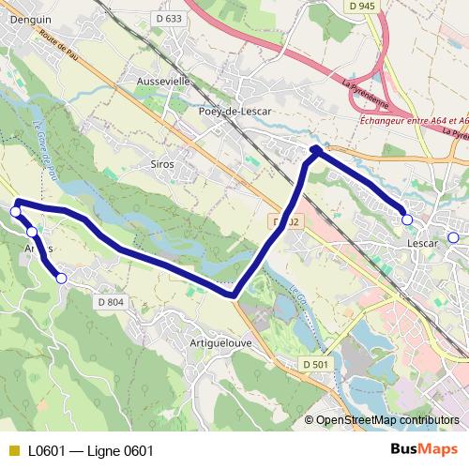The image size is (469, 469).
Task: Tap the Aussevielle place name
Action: [x=163, y=82]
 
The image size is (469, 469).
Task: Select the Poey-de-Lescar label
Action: [x=234, y=111]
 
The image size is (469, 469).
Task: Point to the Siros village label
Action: [x=162, y=163]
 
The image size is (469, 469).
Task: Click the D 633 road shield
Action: [x=169, y=18]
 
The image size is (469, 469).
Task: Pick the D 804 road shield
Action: [x=110, y=301]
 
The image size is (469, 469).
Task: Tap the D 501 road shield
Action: [x=315, y=364]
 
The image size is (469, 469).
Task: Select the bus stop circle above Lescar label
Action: [x=407, y=219]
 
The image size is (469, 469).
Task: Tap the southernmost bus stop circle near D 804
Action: [x=61, y=278]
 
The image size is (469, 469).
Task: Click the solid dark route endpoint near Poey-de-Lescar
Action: [x=316, y=150]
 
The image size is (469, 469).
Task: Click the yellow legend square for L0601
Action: [x=12, y=451]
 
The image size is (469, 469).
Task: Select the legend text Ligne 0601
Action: [x=120, y=451]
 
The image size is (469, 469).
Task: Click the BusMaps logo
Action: [x=423, y=450]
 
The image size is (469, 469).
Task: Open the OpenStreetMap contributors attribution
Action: [x=387, y=420]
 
